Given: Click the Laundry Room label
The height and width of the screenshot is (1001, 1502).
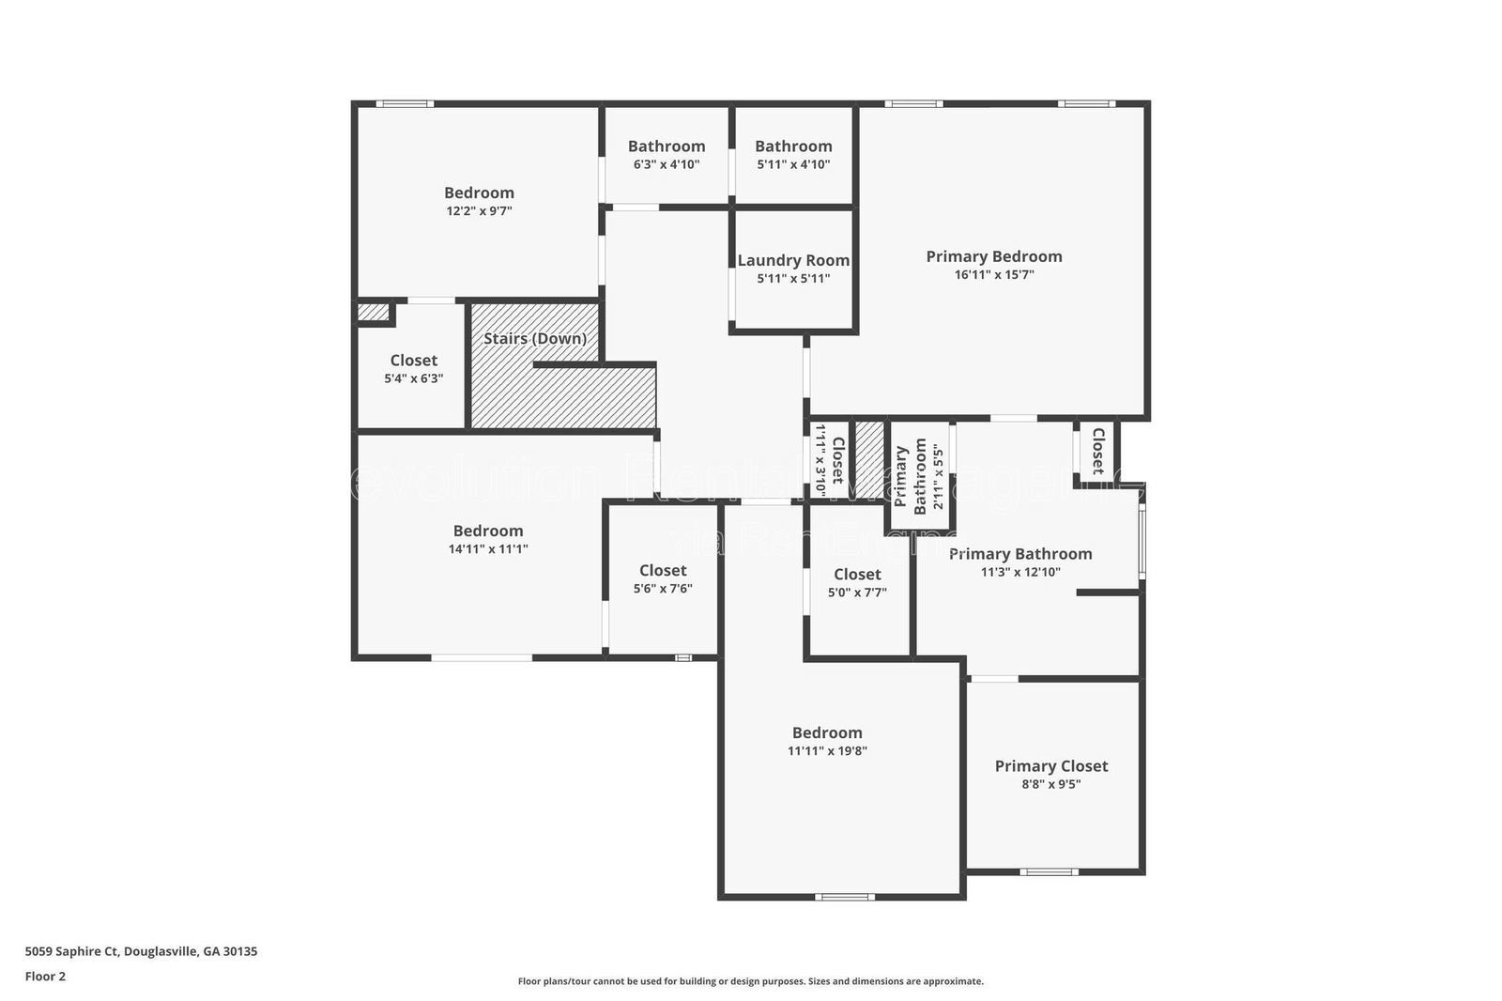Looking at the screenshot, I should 793,261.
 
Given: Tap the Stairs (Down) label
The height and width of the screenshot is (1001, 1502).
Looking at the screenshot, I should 535,338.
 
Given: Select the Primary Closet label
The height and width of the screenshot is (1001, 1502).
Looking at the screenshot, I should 1051,766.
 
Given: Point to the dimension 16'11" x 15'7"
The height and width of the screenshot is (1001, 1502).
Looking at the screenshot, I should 994,275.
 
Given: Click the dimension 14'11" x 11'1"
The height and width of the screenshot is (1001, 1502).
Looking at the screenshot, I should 488,549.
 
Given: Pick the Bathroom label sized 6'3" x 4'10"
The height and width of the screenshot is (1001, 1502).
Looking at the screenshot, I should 667,146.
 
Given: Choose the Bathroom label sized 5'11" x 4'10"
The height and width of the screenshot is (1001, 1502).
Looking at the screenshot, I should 793,146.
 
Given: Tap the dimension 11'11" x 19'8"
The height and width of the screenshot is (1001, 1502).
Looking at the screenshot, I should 827,751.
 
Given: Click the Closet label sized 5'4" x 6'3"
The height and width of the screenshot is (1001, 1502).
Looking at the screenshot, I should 414,361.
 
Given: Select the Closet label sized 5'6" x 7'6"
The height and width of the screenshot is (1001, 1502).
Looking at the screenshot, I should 663,571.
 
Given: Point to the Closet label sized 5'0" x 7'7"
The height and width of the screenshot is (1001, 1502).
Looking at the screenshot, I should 857,575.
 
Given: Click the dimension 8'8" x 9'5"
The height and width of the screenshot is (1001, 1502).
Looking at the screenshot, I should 1051,784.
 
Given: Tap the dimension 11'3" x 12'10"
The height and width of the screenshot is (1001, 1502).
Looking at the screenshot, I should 1020,572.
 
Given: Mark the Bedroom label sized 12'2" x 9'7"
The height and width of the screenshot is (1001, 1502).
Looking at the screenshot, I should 479,193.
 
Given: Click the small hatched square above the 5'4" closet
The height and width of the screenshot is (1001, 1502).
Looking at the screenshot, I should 373,311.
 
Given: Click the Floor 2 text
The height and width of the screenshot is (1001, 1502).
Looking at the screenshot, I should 45,977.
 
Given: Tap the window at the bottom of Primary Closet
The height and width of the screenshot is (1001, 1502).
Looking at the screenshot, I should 1050,871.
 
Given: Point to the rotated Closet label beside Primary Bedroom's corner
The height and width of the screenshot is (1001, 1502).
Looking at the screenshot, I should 1097,452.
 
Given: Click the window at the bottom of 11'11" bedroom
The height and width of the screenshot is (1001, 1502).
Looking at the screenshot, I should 844,897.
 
